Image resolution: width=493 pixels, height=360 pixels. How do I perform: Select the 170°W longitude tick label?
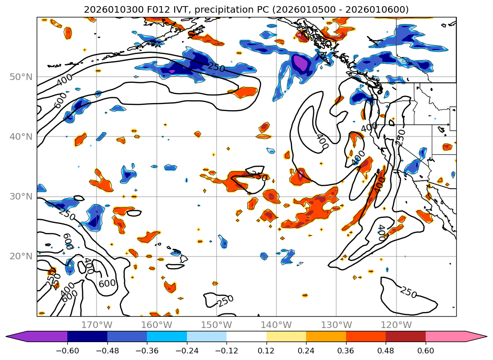[97, 325]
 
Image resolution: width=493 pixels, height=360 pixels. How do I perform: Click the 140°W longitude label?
[276, 325]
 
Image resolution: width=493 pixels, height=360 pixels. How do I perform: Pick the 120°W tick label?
[396, 325]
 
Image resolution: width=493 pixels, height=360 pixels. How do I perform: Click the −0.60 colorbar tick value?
[67, 351]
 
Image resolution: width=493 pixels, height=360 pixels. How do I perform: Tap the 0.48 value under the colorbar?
[386, 351]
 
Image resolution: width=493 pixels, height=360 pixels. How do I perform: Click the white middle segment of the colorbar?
[246, 336]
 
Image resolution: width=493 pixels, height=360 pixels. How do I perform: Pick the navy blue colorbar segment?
[87, 336]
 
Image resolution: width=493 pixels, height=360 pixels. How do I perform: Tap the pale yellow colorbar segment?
[286, 336]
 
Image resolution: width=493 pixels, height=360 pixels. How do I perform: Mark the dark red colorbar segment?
[405, 336]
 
